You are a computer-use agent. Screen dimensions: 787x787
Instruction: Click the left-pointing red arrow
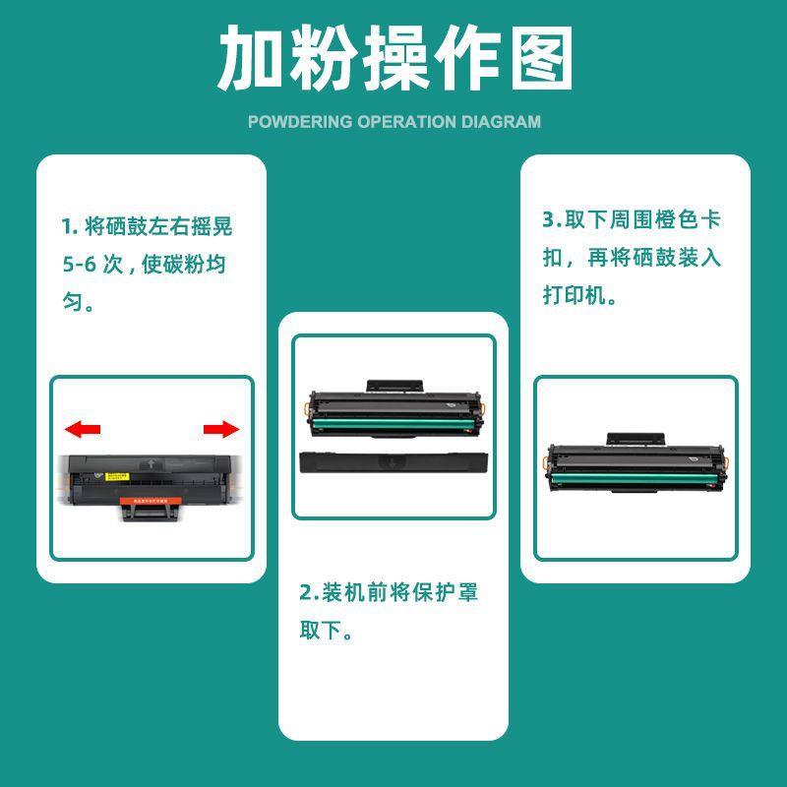(83, 429)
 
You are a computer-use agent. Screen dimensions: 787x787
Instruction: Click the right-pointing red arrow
(221, 429)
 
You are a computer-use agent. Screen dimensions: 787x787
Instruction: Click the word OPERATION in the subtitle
(407, 122)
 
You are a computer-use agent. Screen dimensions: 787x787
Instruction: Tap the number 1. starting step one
(69, 227)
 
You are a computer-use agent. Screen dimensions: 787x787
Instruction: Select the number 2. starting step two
(309, 593)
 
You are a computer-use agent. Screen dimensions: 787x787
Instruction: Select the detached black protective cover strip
(393, 460)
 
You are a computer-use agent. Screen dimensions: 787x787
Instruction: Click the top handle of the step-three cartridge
(636, 439)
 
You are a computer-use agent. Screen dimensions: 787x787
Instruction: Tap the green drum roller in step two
(393, 426)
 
